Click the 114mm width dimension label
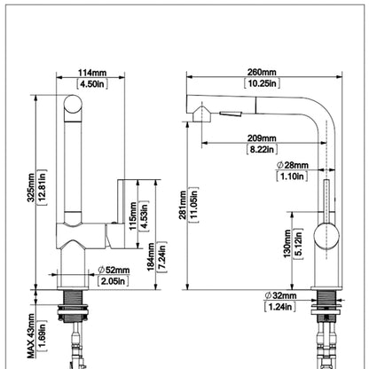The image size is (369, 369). (x=92, y=73)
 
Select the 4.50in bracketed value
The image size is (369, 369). (x=92, y=83)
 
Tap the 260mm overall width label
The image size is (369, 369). (x=262, y=72)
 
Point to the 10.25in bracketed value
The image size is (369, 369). (x=262, y=83)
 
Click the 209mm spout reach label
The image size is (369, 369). (x=262, y=138)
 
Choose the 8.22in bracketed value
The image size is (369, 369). (x=262, y=149)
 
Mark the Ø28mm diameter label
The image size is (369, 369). (x=293, y=165)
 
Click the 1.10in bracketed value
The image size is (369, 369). (x=292, y=177)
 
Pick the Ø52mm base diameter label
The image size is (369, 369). (x=114, y=270)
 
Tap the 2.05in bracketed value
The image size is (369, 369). (x=114, y=281)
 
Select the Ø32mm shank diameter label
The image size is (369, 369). (x=280, y=295)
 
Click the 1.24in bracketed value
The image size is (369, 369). (x=280, y=306)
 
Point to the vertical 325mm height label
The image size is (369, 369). (x=31, y=187)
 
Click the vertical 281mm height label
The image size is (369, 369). (x=183, y=205)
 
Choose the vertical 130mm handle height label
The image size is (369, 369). (x=287, y=244)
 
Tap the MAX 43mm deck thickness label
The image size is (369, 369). (x=31, y=336)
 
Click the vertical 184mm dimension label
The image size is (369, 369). (x=151, y=257)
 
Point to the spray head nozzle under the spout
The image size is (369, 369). (x=202, y=114)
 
